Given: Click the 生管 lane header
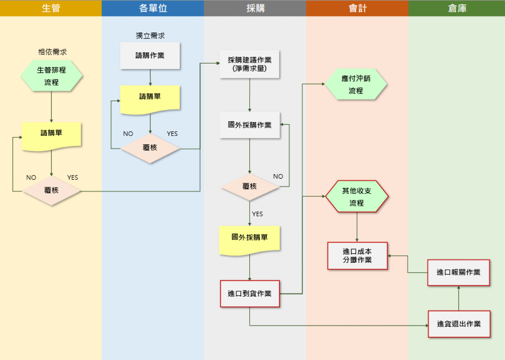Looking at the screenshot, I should tap(51, 8).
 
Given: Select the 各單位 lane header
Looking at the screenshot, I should tap(153, 8).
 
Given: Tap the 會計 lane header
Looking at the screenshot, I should tap(357, 8).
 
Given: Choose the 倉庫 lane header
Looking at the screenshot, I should tap(457, 8).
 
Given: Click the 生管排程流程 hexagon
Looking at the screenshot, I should tap(51, 76).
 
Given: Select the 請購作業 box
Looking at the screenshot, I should tap(150, 56).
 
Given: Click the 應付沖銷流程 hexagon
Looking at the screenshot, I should tap(356, 85).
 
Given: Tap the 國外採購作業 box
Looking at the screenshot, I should tap(250, 125).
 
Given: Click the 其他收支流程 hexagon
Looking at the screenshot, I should tap(357, 196).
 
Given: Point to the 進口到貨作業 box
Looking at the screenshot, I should tap(250, 294).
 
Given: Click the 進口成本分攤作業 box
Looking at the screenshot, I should tap(357, 256).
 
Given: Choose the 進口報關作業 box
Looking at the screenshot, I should tap(459, 273).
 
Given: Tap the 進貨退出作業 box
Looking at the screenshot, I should tap(459, 324).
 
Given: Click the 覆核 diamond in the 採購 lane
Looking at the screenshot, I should tap(250, 186).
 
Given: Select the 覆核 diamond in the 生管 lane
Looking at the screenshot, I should tap(51, 191).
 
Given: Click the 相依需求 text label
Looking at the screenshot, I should tap(52, 52).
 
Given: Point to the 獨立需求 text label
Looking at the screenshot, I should tap(150, 36).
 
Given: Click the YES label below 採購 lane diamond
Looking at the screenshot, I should tap(257, 214).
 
